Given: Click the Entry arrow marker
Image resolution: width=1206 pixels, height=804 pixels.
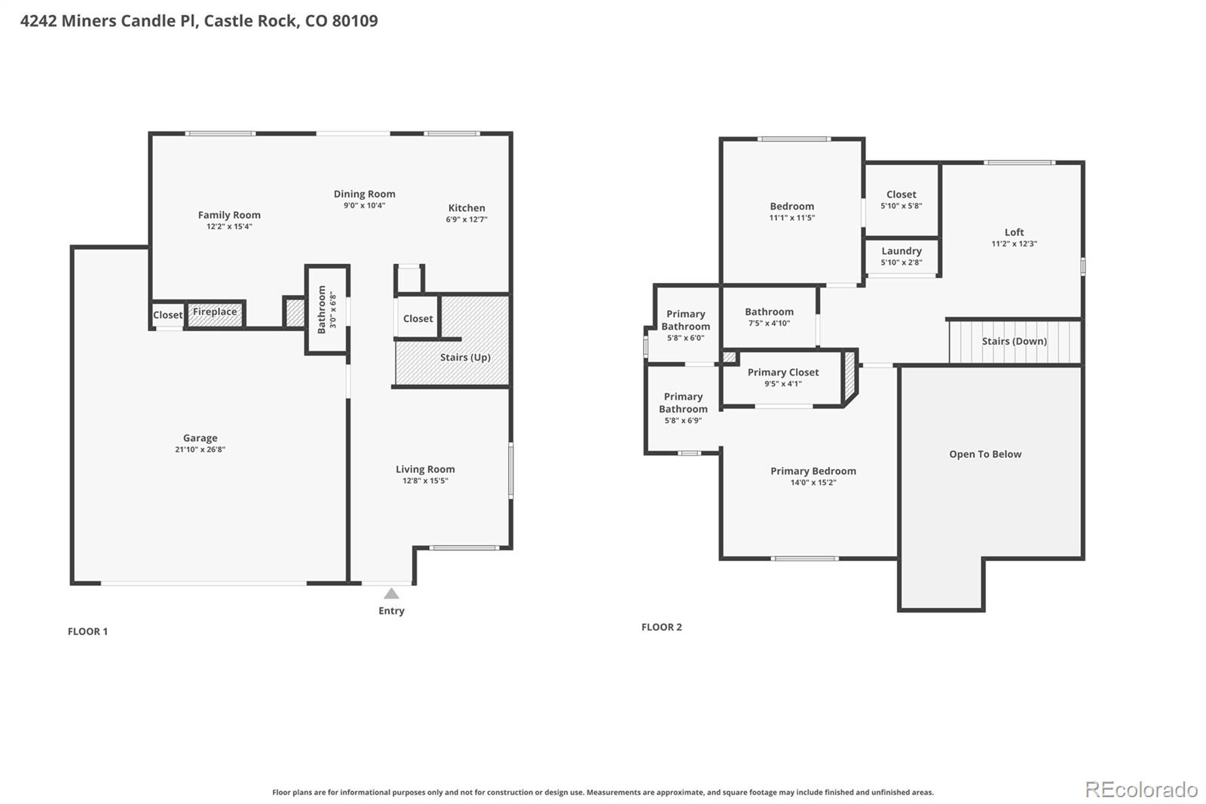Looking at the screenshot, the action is tap(391, 594).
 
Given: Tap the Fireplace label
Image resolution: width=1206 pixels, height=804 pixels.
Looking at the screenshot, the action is tap(215, 311).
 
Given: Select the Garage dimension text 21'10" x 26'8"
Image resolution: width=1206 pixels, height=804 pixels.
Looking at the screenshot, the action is tap(200, 450).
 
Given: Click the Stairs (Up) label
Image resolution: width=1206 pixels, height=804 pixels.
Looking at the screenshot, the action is tap(465, 358).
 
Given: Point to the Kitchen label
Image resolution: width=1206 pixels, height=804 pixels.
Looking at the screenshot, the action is tap(467, 207).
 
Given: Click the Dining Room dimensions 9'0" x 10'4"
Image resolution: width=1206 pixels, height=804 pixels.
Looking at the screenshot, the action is tap(365, 205).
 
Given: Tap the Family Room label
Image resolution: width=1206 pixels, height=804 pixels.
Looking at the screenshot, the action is tap(229, 214).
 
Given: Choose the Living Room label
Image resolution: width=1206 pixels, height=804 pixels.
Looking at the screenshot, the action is tap(425, 469).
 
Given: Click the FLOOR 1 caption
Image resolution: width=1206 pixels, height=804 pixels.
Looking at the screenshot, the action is tap(87, 631).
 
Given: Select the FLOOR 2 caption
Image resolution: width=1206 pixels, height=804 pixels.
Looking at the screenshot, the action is tap(662, 627).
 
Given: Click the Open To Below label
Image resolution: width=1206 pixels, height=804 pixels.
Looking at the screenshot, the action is tap(985, 454).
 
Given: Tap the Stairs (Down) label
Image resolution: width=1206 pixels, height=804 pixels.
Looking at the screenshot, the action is tap(1015, 341).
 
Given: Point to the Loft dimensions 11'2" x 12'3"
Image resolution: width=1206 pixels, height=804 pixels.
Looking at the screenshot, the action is tap(1015, 244).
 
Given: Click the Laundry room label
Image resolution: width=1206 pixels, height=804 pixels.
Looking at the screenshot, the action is tap(901, 250).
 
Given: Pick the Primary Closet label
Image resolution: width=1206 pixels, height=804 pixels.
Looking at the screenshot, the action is tap(783, 372).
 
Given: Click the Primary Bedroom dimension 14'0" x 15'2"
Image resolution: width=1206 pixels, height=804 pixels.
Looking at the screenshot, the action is tap(813, 482).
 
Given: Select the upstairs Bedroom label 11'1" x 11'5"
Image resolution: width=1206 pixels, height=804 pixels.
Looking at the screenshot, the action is tap(792, 206).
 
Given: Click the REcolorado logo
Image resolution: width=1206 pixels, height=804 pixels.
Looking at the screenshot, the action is tap(1141, 790).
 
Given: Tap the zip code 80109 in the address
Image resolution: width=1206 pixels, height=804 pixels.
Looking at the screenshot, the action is tap(355, 20).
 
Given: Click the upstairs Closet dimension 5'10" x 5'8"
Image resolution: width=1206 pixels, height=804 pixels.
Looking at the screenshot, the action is tap(901, 206).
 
